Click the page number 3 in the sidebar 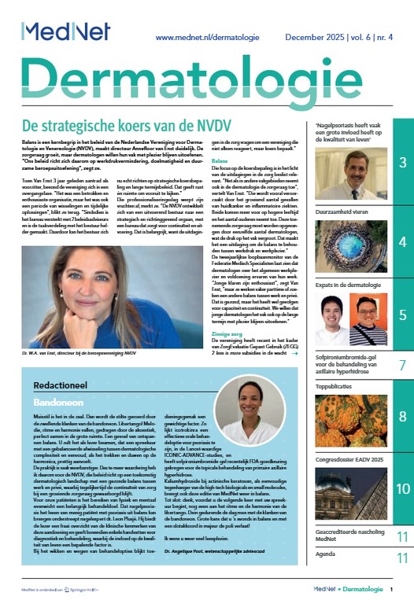pos(401,163)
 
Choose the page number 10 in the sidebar pos(401,488)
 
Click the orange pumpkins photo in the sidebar pos(349,417)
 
